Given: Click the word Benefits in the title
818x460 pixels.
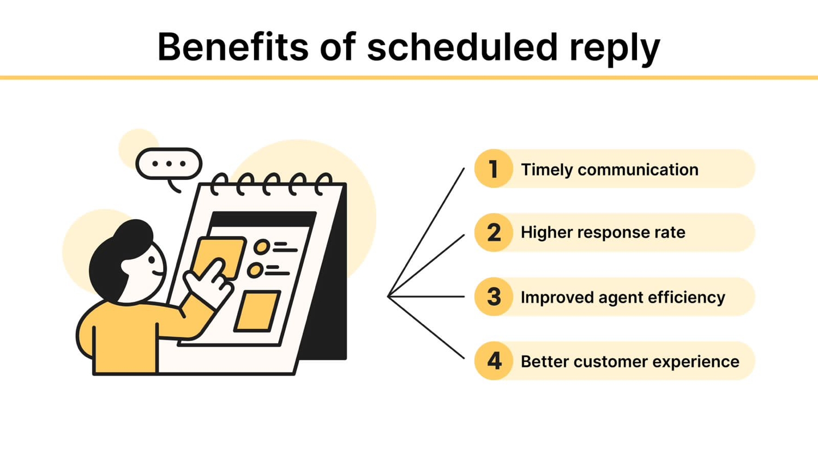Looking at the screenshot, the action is point(233,47).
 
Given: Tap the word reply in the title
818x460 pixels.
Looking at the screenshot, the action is point(615,49).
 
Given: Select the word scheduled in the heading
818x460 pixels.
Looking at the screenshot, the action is point(462,47).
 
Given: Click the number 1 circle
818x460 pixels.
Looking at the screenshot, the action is point(494,168).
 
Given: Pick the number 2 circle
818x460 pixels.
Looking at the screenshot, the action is point(494,233).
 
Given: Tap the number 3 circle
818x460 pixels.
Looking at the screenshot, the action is point(494,297).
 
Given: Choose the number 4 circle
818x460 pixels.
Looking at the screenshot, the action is point(494,361).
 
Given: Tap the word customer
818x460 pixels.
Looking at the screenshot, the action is point(610,362).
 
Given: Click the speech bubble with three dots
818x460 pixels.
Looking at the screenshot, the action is point(169,164).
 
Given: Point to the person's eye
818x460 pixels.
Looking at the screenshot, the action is point(151,260).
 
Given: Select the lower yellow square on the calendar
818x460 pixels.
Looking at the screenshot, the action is point(257,311).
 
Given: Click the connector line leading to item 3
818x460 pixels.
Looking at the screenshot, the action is point(426,296).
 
